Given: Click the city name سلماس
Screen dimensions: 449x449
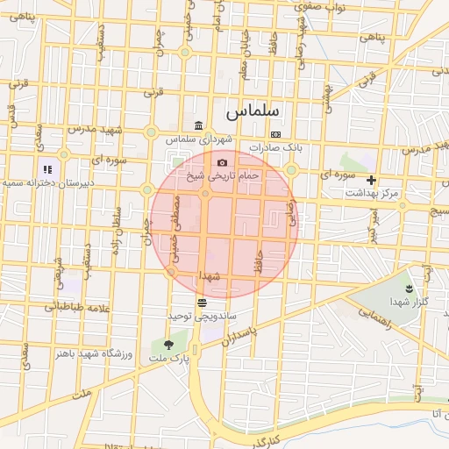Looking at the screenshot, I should point(252,112).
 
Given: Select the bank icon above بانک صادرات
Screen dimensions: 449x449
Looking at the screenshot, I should point(276,134).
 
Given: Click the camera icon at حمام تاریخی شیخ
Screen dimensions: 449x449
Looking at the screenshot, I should point(223,163).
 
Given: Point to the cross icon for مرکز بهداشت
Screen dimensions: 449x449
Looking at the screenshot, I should point(371,180).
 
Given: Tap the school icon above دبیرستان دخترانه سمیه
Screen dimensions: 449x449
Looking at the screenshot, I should point(47,169).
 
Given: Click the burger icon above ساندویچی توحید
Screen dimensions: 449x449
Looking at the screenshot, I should point(202,302).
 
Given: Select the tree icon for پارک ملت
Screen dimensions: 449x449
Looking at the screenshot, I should point(168,345).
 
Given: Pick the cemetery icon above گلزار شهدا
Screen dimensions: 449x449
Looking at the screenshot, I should point(409,288).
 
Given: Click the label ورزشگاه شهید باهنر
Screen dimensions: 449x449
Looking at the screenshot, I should point(93,353).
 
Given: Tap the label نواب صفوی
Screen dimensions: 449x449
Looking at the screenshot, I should point(324,7).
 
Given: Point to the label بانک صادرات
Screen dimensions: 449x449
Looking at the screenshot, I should point(275,147).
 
